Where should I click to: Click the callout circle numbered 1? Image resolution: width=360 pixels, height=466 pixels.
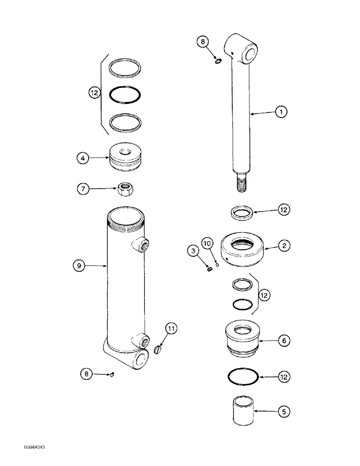281,112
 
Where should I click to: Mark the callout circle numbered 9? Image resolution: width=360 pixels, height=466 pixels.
79,266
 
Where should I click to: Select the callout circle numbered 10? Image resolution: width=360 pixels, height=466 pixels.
208,243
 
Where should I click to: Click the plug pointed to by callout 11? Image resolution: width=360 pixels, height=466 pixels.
158,348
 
